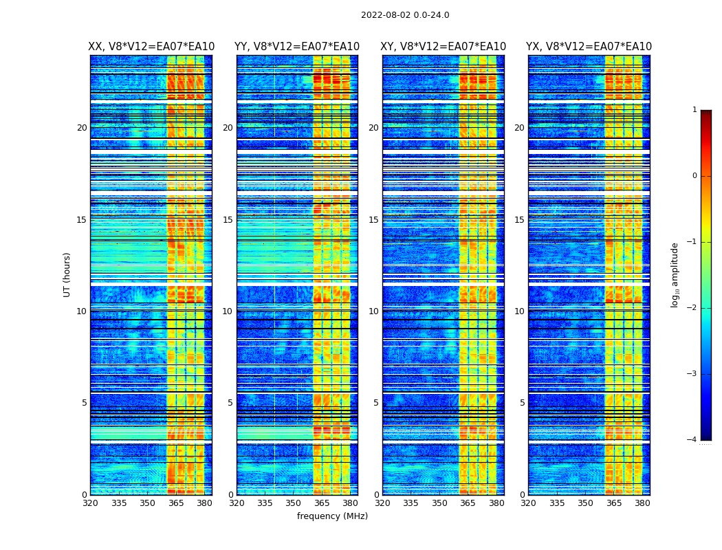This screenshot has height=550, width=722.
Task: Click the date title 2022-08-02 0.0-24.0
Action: (405, 15)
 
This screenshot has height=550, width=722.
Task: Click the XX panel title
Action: (151, 47)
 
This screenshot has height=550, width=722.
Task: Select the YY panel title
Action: (297, 47)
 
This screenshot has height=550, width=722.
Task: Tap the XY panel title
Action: (444, 47)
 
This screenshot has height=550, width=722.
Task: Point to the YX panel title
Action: (589, 47)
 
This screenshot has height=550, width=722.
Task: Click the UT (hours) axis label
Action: (67, 274)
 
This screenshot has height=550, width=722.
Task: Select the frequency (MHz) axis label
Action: (332, 516)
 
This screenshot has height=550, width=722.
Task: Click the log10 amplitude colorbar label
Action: (675, 274)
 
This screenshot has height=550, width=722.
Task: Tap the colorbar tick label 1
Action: (694, 110)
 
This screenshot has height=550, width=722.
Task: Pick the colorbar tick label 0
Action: (694, 176)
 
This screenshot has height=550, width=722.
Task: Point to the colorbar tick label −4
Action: (692, 440)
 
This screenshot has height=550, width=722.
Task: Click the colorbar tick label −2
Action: (692, 308)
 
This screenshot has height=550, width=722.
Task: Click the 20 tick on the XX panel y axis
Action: (82, 128)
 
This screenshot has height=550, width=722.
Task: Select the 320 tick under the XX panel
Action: (90, 503)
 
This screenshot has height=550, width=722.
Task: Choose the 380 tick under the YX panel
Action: (642, 503)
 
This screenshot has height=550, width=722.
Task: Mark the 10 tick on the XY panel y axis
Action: (373, 311)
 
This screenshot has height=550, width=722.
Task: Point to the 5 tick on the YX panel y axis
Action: (522, 403)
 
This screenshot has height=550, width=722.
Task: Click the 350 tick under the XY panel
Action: (439, 503)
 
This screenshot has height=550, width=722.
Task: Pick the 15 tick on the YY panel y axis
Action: (228, 220)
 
